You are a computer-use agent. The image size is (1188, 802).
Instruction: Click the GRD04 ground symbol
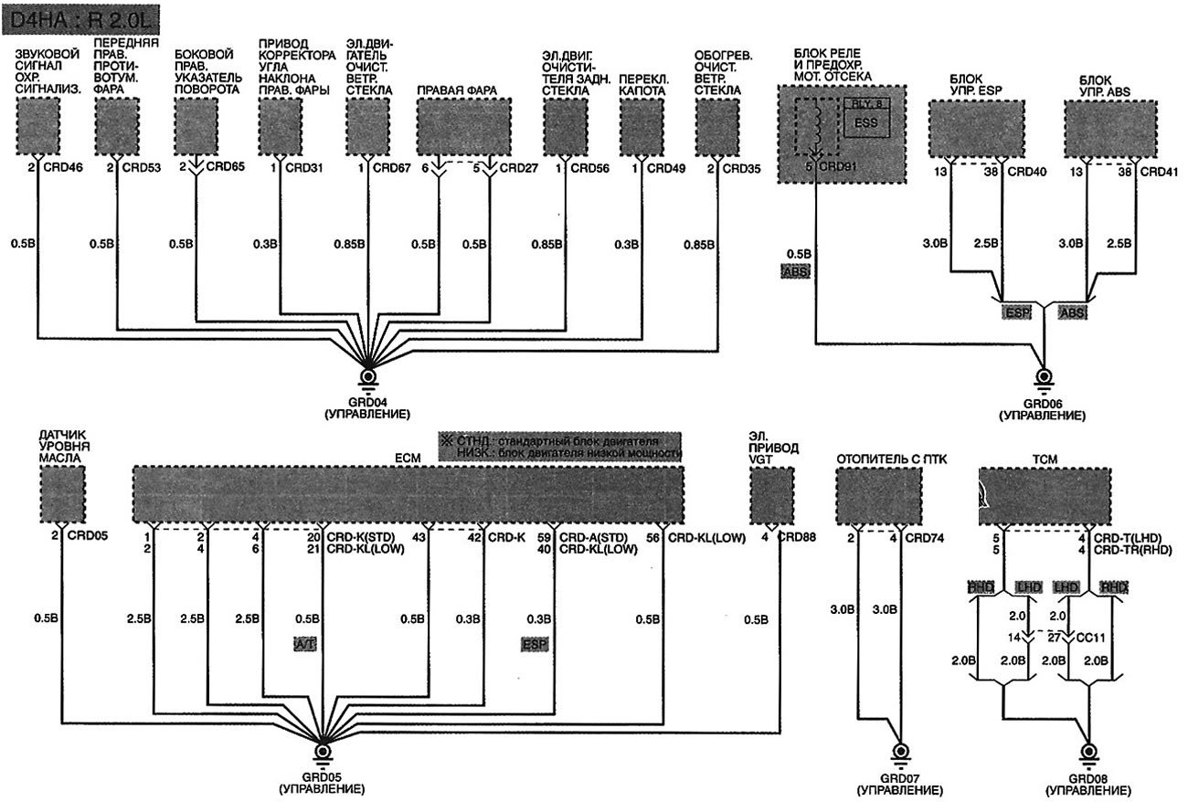point(368,376)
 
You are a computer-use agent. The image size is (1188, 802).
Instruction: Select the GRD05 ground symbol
point(323,751)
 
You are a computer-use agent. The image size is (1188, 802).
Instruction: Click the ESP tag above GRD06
point(1016,312)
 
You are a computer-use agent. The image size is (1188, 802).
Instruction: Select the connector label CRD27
point(516,168)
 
